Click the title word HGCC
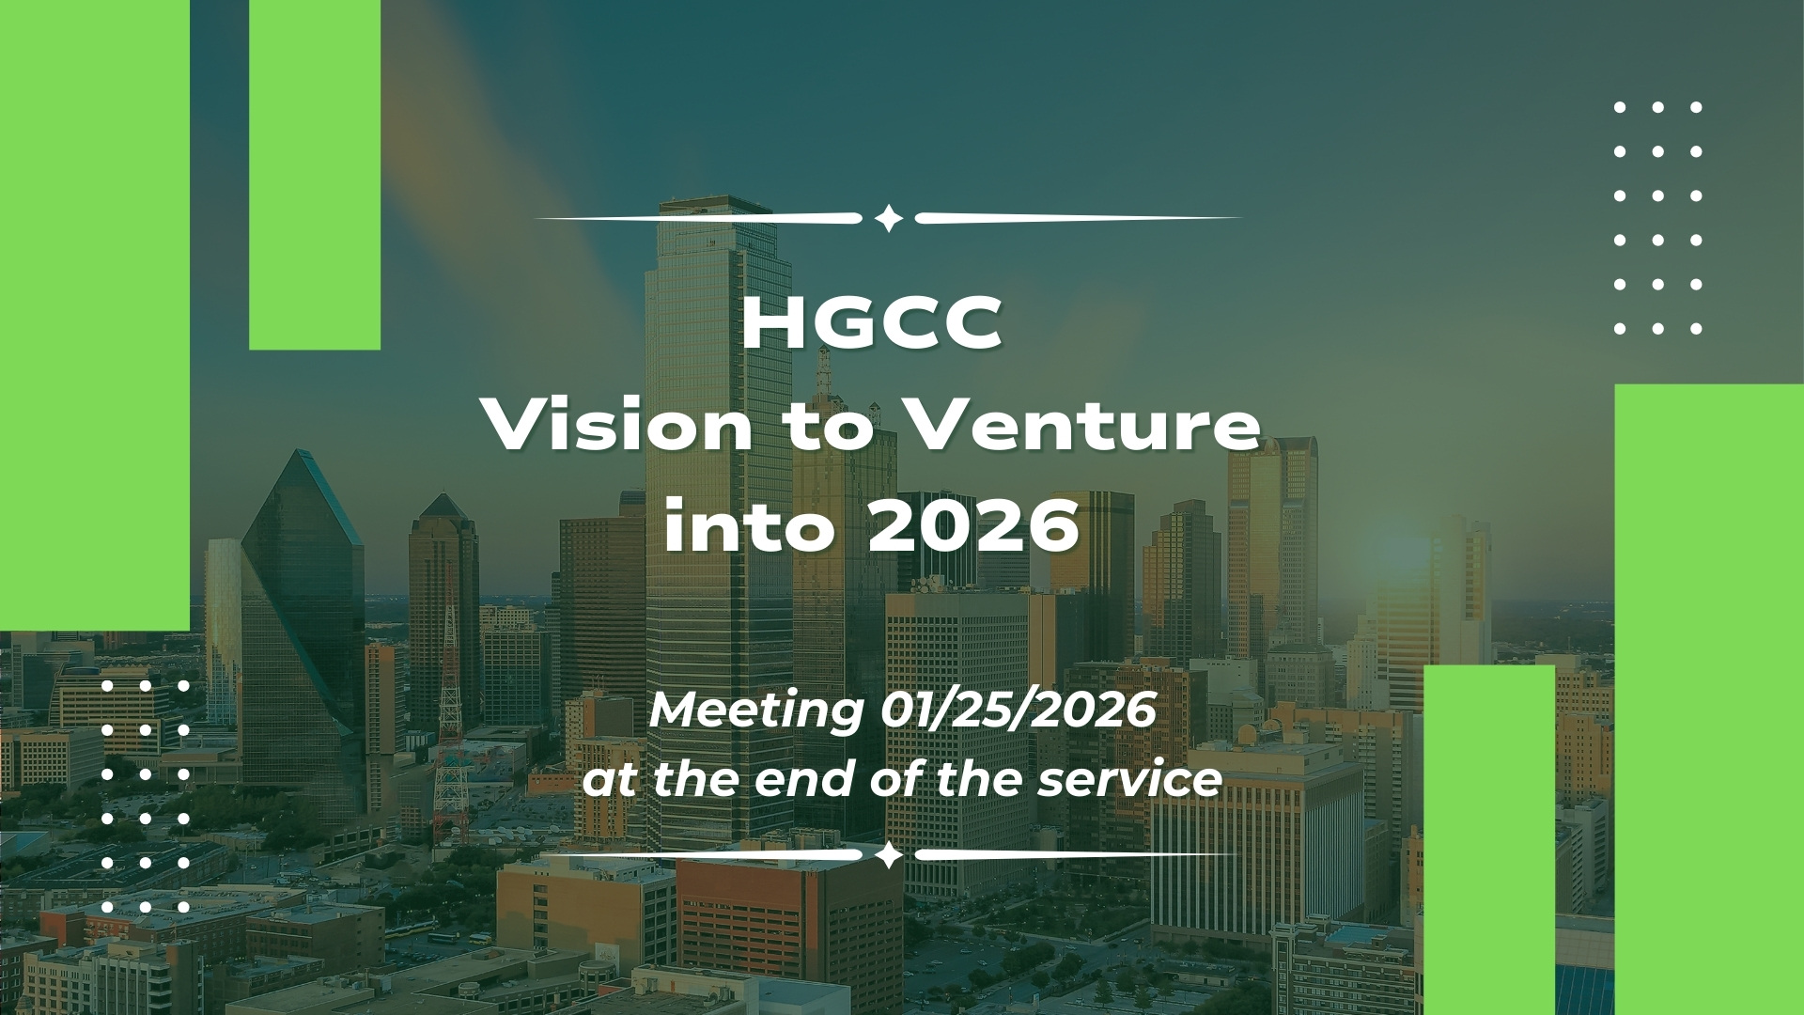[872, 324]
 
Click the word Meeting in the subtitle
[755, 711]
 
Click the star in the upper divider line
[888, 219]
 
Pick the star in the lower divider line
[888, 855]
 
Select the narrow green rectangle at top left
[315, 175]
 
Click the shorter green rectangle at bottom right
[1490, 840]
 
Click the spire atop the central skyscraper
[824, 371]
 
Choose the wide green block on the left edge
[95, 316]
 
